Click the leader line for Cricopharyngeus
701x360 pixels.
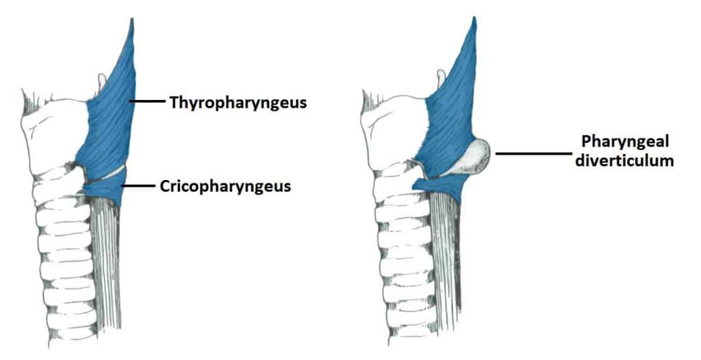pyautogui.click(x=140, y=185)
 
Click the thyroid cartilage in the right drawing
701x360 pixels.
pyautogui.click(x=394, y=130)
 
